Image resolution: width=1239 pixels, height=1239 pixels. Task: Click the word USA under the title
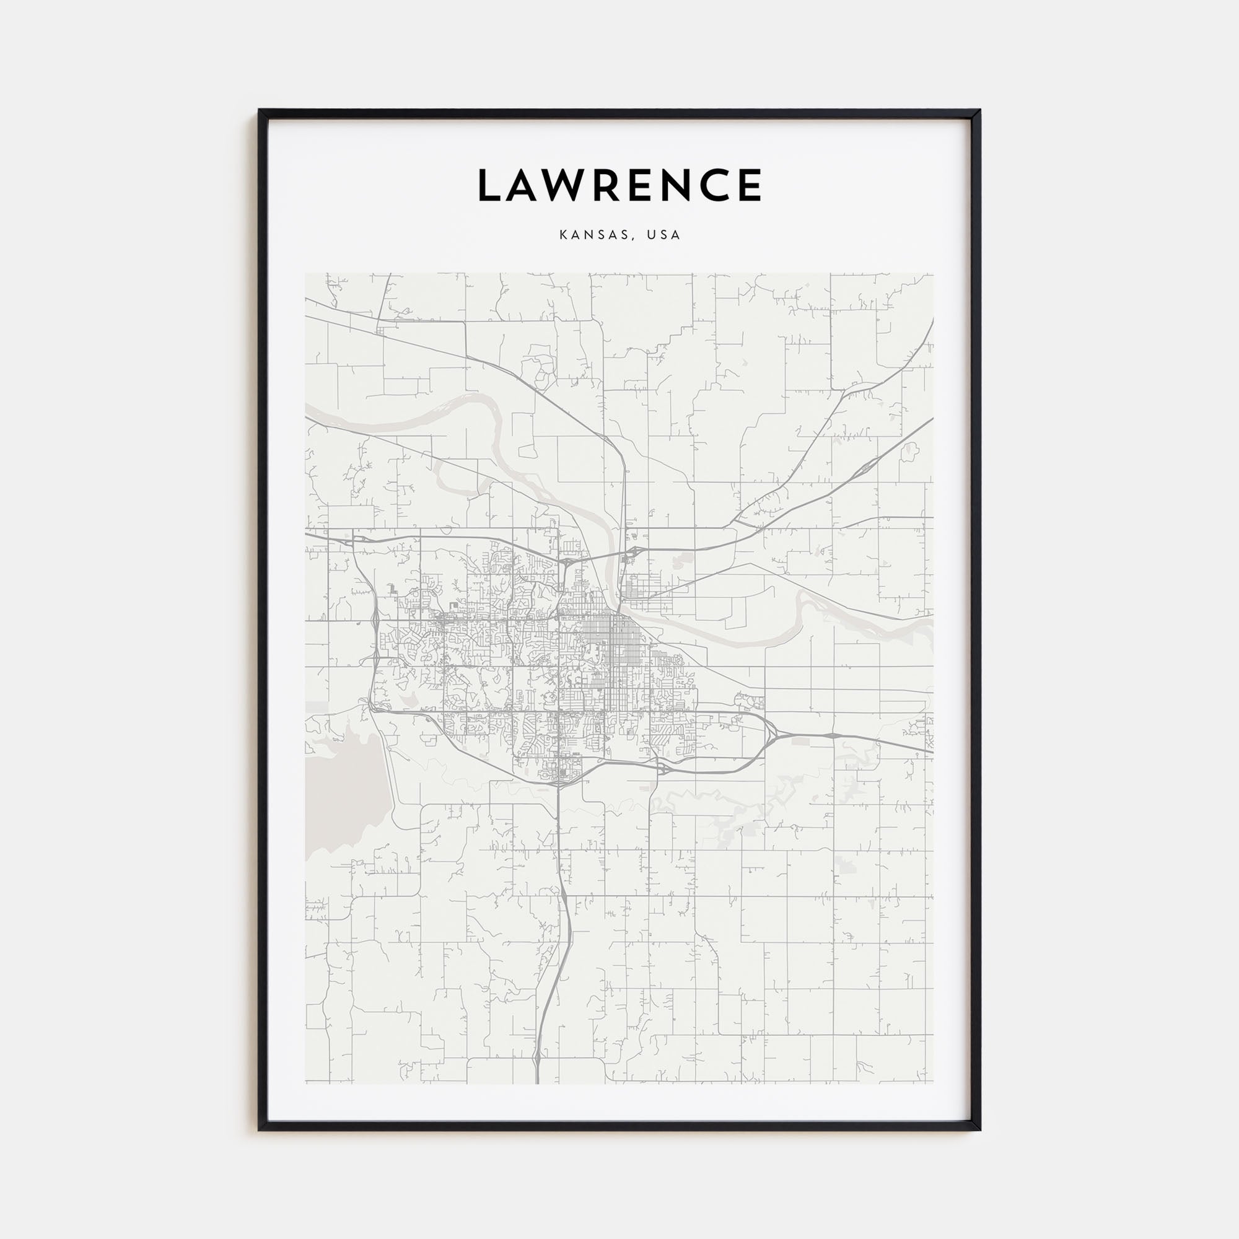tap(663, 235)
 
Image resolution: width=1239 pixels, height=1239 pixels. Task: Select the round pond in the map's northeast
tap(908, 453)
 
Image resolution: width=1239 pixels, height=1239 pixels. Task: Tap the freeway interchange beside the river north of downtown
tap(631, 551)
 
